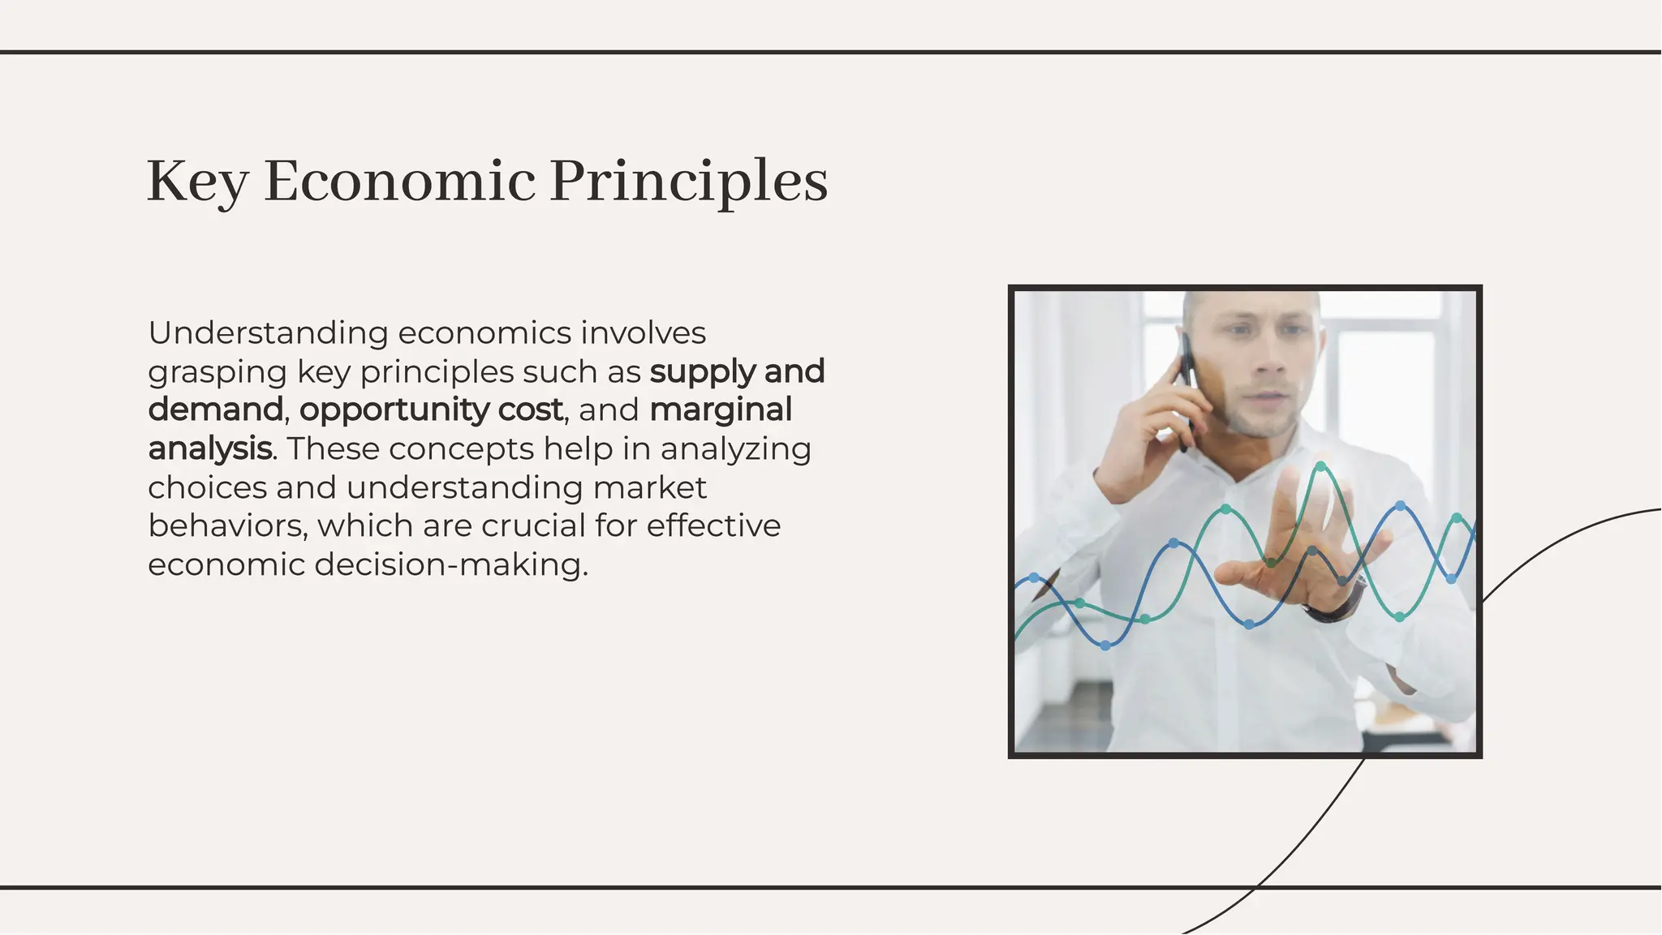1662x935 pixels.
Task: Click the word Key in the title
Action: tap(197, 182)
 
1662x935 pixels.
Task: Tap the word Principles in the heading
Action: tap(688, 182)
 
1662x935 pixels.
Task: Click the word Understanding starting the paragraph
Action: tap(268, 333)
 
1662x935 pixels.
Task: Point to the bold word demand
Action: tap(215, 410)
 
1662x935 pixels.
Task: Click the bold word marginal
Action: tap(721, 410)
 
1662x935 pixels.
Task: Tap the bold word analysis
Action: tap(209, 448)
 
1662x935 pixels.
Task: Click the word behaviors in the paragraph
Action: tap(226, 525)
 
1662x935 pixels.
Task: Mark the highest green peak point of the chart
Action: tap(1321, 466)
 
